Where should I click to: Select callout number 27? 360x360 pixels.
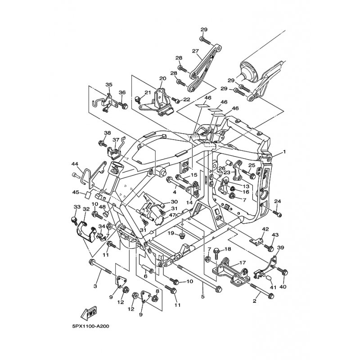pyautogui.click(x=195, y=51)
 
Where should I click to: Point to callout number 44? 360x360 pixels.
pyautogui.click(x=75, y=164)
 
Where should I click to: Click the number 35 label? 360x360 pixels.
pyautogui.click(x=108, y=85)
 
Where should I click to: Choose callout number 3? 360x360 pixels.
pyautogui.click(x=95, y=286)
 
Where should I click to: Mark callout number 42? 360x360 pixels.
pyautogui.click(x=265, y=229)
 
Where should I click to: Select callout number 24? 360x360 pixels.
pyautogui.click(x=278, y=201)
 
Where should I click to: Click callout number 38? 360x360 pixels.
pyautogui.click(x=107, y=133)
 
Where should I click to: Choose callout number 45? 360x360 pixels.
pyautogui.click(x=76, y=192)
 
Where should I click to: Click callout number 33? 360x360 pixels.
pyautogui.click(x=76, y=207)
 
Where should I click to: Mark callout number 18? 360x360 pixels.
pyautogui.click(x=228, y=249)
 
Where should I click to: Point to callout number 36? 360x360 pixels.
pyautogui.click(x=122, y=92)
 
